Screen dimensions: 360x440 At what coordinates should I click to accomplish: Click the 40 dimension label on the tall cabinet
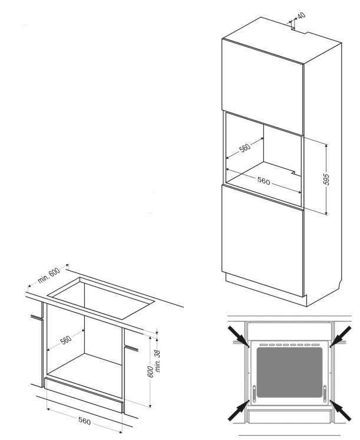tap(302, 15)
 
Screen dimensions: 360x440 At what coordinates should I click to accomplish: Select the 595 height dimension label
tap(326, 179)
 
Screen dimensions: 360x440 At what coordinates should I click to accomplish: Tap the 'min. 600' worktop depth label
tap(49, 275)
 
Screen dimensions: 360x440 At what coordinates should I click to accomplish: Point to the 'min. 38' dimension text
tap(158, 360)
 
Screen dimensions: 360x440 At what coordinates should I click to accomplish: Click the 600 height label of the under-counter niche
tap(151, 372)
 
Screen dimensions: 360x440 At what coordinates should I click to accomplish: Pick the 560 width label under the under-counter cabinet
tap(85, 421)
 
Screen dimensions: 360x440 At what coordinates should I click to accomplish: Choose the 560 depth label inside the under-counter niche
tap(66, 340)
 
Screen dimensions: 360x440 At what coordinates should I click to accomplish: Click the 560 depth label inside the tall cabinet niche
tap(245, 147)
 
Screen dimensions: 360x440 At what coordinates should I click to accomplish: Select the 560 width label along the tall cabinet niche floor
tap(263, 180)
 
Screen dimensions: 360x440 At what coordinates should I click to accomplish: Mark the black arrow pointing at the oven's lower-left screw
tap(239, 411)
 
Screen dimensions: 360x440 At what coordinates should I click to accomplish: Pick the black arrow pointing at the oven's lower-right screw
tap(341, 411)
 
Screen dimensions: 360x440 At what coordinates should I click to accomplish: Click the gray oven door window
tap(290, 372)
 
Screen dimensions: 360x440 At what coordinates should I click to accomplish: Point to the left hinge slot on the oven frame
tap(255, 393)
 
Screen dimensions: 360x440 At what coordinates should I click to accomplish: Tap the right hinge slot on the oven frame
tap(325, 393)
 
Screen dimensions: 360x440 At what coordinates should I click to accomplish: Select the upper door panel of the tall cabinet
tap(263, 87)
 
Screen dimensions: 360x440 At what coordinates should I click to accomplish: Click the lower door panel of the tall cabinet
tap(263, 240)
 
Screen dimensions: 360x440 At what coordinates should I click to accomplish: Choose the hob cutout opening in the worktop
tap(101, 298)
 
